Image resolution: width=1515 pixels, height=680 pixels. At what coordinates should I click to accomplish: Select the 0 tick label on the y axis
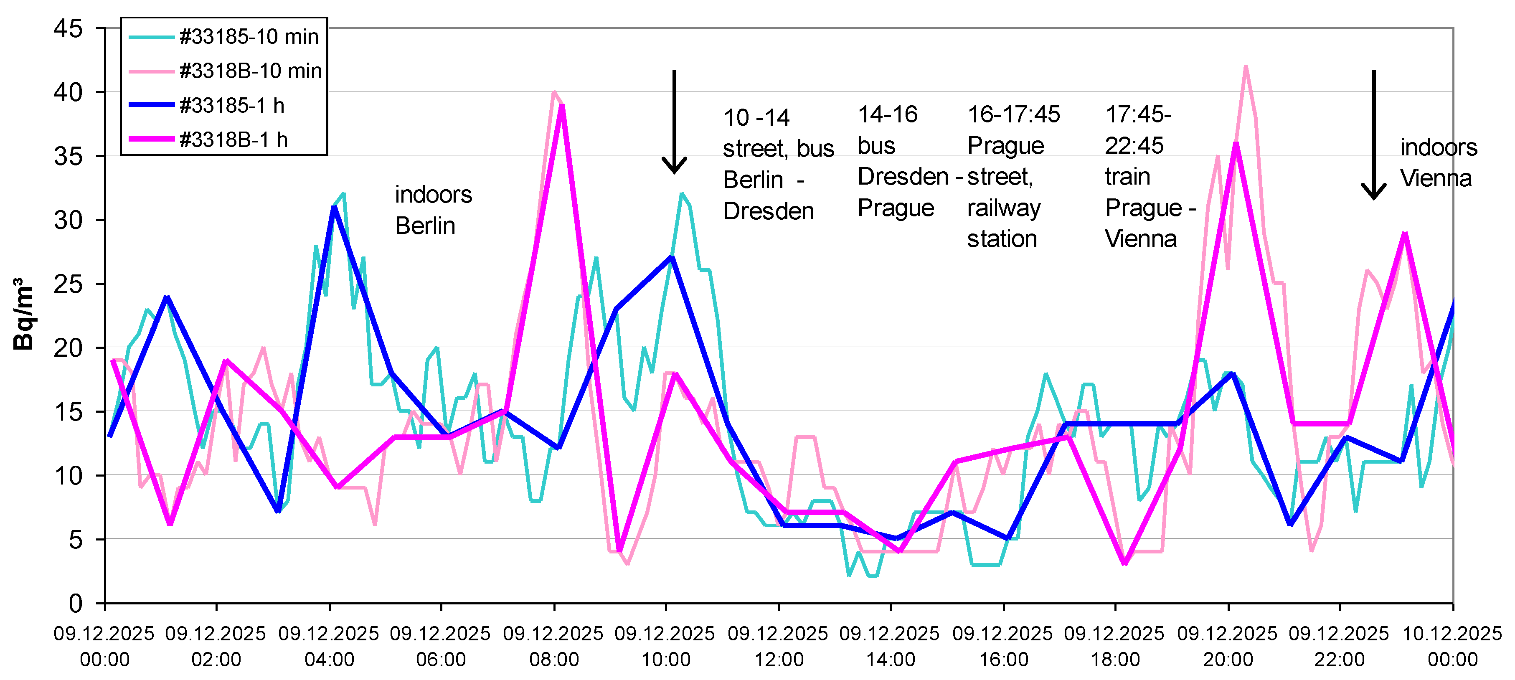75,603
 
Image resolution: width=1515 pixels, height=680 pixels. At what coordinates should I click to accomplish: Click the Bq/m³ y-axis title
23,315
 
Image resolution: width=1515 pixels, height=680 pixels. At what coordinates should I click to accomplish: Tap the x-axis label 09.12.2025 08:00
553,646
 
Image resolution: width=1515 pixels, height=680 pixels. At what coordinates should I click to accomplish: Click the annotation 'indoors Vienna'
1438,162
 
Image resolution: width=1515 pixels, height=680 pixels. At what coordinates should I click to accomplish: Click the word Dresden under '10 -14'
768,211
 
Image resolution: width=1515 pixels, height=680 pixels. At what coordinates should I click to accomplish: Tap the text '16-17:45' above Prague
1013,114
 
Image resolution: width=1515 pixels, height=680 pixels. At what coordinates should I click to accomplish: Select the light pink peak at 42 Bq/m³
1246,66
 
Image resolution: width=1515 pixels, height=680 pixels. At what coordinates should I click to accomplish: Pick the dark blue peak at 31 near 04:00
334,207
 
